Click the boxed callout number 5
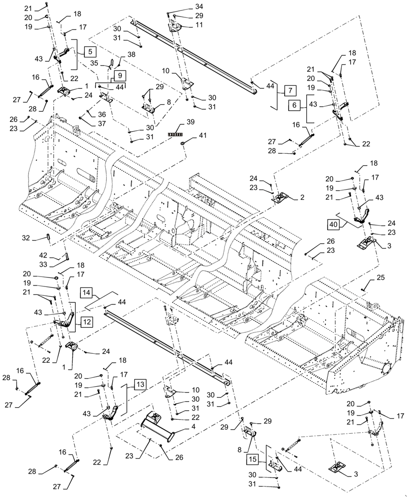pos(90,51)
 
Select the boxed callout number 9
pos(120,75)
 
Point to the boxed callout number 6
pos(294,105)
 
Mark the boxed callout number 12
pos(86,322)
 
